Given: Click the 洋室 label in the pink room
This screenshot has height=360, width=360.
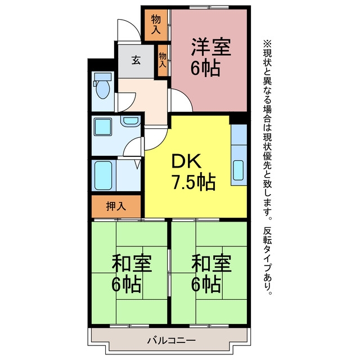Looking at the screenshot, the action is (x=211, y=47).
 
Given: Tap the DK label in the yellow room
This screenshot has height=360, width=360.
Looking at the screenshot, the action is (x=187, y=161).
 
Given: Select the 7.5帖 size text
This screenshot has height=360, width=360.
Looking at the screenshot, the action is (x=193, y=182).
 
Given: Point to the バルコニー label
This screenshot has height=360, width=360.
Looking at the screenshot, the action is (x=171, y=340).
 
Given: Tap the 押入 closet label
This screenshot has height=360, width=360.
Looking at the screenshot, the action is (x=116, y=206).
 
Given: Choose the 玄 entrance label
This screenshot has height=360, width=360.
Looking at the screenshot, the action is (x=136, y=61).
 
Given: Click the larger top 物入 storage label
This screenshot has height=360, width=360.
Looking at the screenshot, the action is (x=156, y=25).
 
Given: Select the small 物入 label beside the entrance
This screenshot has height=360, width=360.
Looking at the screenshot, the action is (x=163, y=60).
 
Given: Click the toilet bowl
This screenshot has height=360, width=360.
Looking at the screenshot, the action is (x=102, y=89).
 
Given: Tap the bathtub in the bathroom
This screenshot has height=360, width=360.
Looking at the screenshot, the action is (x=103, y=175).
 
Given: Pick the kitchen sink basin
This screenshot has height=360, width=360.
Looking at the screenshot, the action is (x=238, y=170).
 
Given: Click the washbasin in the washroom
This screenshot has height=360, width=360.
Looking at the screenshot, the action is (x=130, y=120).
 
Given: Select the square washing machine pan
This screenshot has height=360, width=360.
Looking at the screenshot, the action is (x=103, y=127).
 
